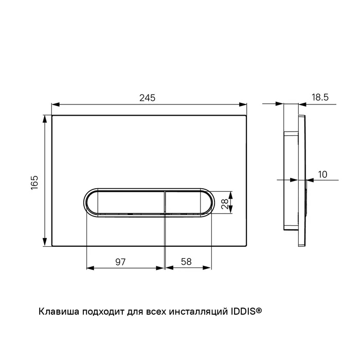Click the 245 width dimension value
(x=148, y=98)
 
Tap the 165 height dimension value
(x=34, y=183)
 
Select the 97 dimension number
(x=120, y=262)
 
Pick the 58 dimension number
(x=186, y=261)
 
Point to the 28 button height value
(x=225, y=204)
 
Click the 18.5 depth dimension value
(x=320, y=97)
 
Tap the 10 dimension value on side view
(x=322, y=174)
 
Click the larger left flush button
(x=125, y=203)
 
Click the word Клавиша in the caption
(x=59, y=312)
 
